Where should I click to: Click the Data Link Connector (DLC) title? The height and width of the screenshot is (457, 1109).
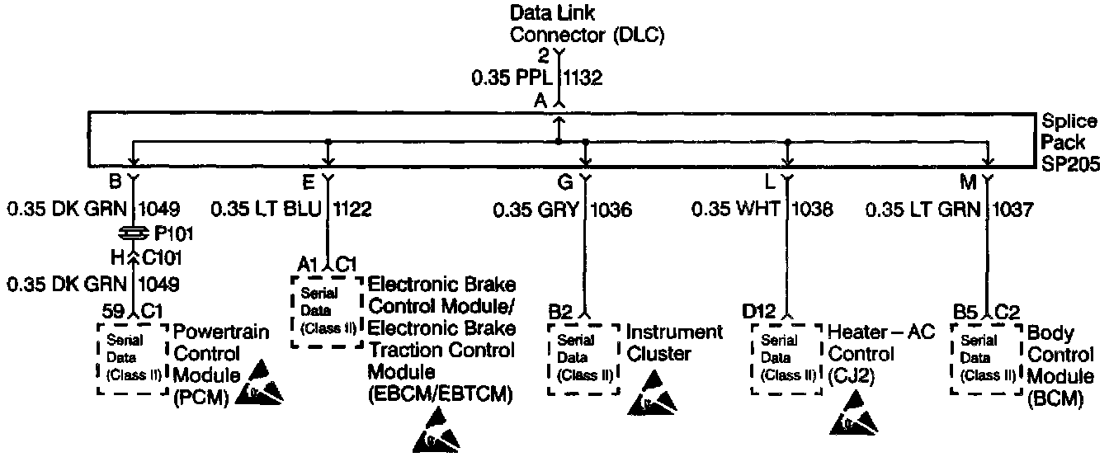point(587,24)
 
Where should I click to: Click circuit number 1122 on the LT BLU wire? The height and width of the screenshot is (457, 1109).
point(352,210)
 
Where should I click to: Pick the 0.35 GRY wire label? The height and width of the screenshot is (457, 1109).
point(535,210)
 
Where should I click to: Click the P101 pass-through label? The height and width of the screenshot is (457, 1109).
point(168,233)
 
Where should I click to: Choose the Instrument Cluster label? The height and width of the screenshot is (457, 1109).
point(674,343)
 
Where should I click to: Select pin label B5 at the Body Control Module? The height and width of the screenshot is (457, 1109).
point(964,312)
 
